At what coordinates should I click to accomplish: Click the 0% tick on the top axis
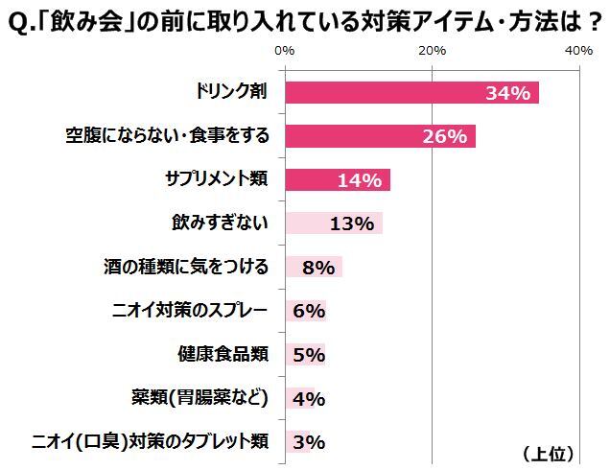click(284, 50)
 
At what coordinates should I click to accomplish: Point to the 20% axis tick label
click(432, 50)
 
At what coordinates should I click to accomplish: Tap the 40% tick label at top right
click(578, 50)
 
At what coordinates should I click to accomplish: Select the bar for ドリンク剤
click(411, 92)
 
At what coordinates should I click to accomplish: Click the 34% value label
click(507, 93)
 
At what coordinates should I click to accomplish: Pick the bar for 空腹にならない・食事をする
click(380, 136)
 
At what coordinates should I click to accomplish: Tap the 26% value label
click(444, 137)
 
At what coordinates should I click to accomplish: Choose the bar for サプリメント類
click(337, 179)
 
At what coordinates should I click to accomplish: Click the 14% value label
click(360, 180)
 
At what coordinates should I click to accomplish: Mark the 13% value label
click(351, 224)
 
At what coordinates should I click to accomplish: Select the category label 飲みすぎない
click(219, 223)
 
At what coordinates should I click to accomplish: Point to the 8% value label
click(316, 268)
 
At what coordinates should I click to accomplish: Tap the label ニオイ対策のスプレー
click(191, 310)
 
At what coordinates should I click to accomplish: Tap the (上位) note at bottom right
click(549, 452)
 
